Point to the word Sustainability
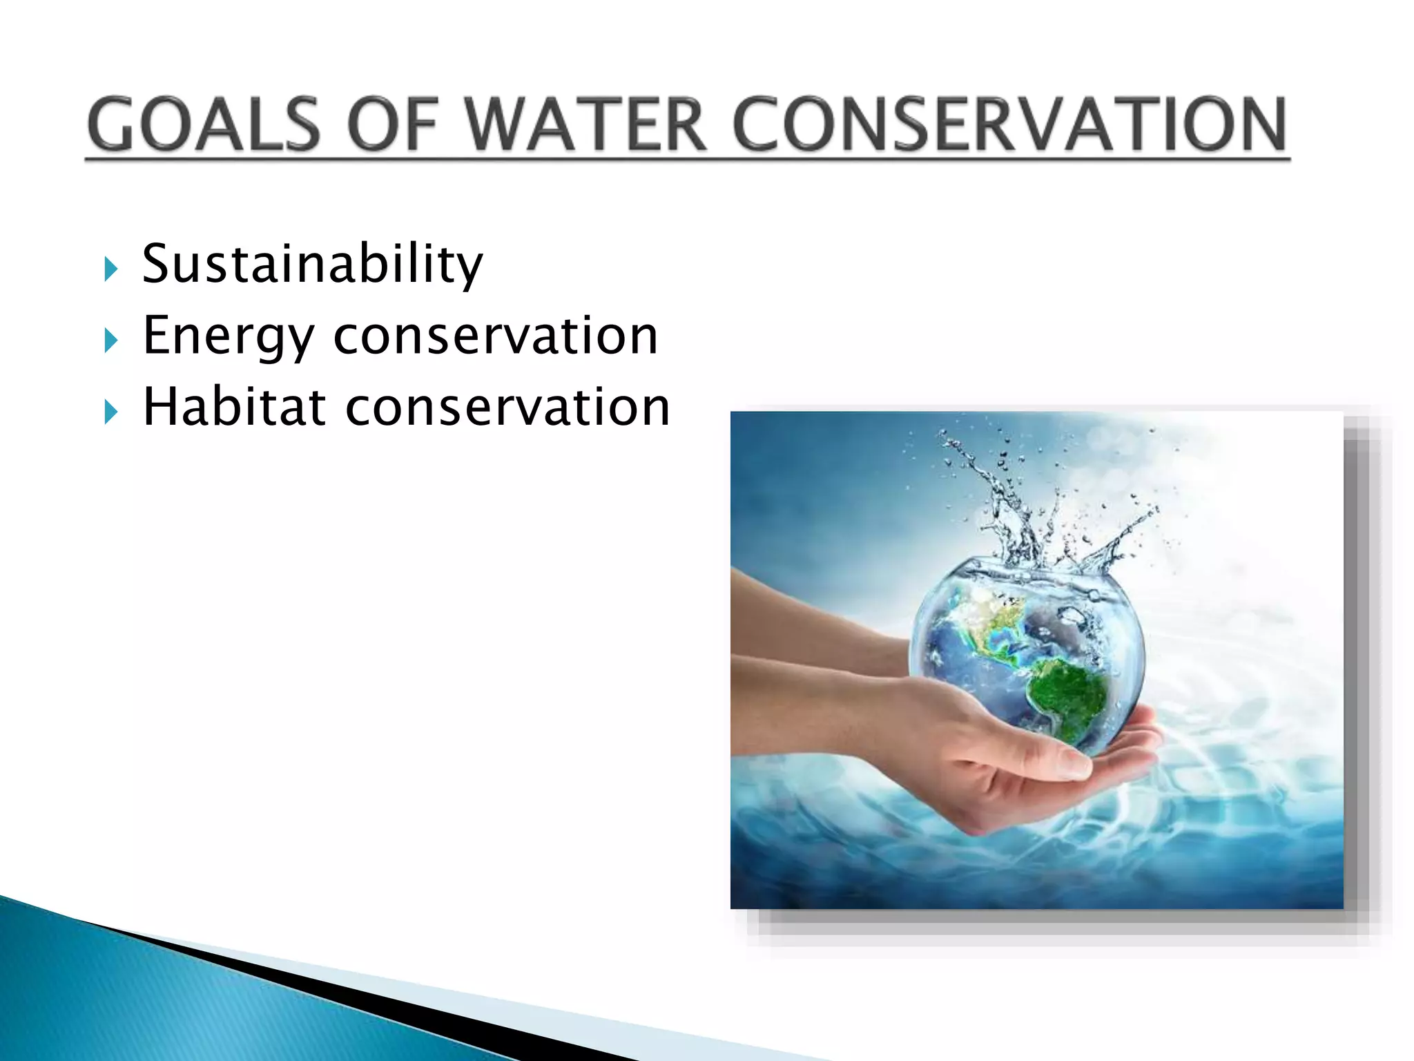tap(312, 265)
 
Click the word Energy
tap(228, 336)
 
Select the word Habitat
tap(233, 407)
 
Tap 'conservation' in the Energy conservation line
tap(496, 336)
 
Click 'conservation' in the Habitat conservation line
tap(507, 407)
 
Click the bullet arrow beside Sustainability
tap(110, 269)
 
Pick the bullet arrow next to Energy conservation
tap(110, 341)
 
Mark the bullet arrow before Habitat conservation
tap(110, 412)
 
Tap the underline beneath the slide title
tap(687, 160)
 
